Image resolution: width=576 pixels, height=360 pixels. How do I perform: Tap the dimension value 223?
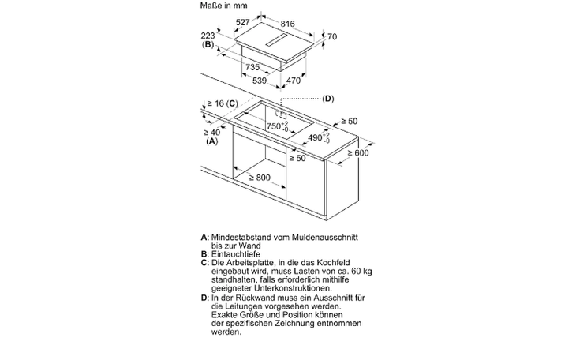(208, 36)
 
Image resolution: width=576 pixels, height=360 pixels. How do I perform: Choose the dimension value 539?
(260, 80)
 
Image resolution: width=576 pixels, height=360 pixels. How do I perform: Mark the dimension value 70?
(331, 36)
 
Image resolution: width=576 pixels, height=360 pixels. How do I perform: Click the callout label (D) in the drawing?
(327, 99)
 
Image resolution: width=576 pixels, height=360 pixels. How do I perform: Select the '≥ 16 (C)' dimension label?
(221, 104)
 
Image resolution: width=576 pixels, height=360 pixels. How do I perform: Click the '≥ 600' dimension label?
(357, 152)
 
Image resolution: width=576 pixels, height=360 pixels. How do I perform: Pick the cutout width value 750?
(274, 126)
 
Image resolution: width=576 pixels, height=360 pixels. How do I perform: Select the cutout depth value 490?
(315, 137)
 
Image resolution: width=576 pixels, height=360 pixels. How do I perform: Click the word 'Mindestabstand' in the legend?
(239, 236)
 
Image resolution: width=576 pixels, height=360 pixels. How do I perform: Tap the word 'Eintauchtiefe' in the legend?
(234, 253)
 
